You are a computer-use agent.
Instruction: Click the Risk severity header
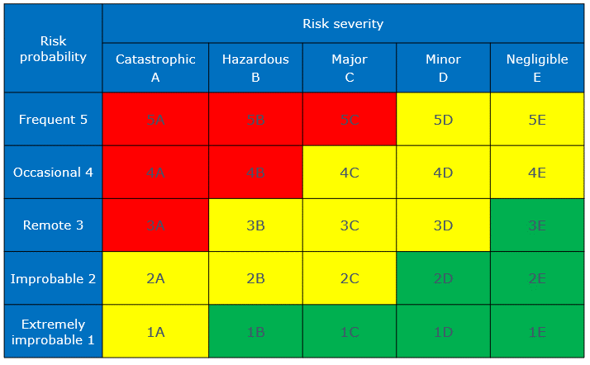pyautogui.click(x=343, y=23)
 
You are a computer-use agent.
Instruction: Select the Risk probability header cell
pyautogui.click(x=53, y=49)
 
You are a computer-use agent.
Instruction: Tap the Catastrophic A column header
pyautogui.click(x=155, y=68)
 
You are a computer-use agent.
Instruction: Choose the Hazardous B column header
pyautogui.click(x=255, y=68)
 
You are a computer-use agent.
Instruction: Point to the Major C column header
pyautogui.click(x=350, y=68)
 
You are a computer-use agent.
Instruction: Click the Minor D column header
pyautogui.click(x=443, y=68)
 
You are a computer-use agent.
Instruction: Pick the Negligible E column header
pyautogui.click(x=537, y=68)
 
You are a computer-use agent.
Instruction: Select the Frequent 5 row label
pyautogui.click(x=53, y=119)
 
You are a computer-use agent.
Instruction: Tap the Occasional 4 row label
pyautogui.click(x=53, y=172)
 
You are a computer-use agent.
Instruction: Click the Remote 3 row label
pyautogui.click(x=53, y=225)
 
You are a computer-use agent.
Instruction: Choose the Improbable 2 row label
pyautogui.click(x=53, y=278)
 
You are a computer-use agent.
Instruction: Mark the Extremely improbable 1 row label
pyautogui.click(x=53, y=331)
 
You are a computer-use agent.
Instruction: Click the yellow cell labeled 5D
pyautogui.click(x=443, y=120)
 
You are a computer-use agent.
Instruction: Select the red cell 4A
pyautogui.click(x=155, y=173)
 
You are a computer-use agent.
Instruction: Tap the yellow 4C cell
pyautogui.click(x=350, y=173)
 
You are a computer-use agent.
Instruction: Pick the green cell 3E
pyautogui.click(x=537, y=225)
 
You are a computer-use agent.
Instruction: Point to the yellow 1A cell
pyautogui.click(x=155, y=331)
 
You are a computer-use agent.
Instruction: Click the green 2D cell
pyautogui.click(x=443, y=278)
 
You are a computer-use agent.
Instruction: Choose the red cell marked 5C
pyautogui.click(x=350, y=120)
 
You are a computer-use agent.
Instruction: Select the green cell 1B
pyautogui.click(x=255, y=331)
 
